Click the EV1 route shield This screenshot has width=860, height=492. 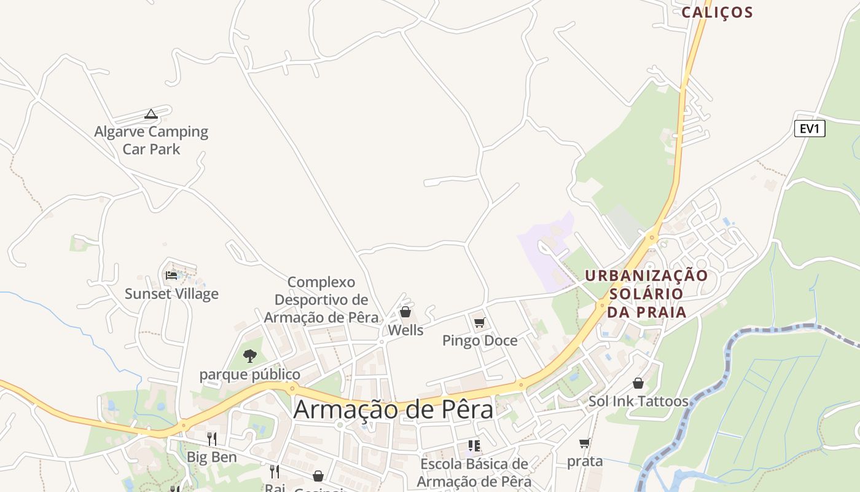tap(809, 129)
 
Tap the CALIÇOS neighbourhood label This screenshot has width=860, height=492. tap(717, 12)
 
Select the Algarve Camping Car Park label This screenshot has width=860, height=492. tap(151, 140)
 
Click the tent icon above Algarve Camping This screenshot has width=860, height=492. tap(151, 114)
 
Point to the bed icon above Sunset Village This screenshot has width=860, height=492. tap(171, 275)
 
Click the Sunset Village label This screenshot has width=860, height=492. tap(171, 294)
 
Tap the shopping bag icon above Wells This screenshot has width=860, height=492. tap(405, 312)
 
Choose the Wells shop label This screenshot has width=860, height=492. tap(405, 330)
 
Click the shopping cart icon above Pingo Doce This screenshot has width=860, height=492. tap(480, 322)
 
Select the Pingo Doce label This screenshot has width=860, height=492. tap(480, 341)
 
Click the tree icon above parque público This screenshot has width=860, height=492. tap(249, 355)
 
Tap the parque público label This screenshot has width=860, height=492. tap(249, 375)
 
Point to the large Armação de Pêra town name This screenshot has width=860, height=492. tap(393, 410)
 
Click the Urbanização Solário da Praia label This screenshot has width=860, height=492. tap(646, 294)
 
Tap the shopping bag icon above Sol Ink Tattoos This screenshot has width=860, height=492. tap(638, 383)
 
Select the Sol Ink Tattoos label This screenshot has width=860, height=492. tap(638, 402)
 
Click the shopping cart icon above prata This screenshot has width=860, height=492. tap(584, 443)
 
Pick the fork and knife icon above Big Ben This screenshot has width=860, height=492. tap(211, 438)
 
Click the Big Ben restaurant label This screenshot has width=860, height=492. tap(211, 458)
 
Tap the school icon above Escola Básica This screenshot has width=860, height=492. tap(474, 445)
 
